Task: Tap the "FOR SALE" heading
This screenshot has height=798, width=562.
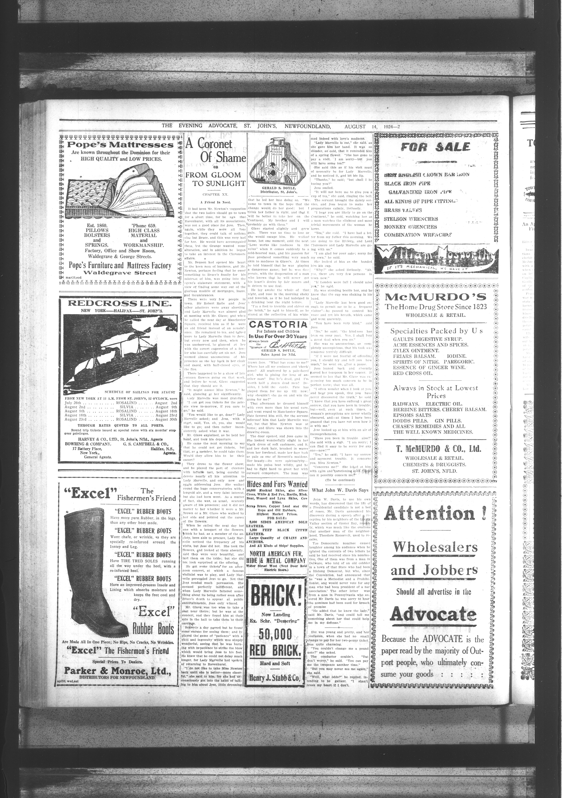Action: (435, 147)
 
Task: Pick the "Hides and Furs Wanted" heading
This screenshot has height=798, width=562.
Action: (277, 484)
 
